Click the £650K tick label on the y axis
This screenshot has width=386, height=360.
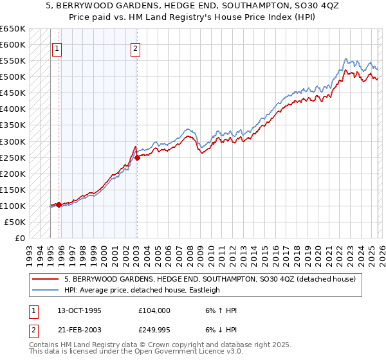click(x=13, y=29)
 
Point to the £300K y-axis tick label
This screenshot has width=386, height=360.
click(x=13, y=141)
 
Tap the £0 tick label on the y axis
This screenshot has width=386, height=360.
click(x=20, y=238)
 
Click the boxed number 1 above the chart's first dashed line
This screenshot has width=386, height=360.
click(x=57, y=48)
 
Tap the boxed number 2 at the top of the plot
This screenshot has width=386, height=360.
click(x=136, y=48)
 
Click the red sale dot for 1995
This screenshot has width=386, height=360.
click(x=59, y=204)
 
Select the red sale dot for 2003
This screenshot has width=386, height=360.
click(x=137, y=157)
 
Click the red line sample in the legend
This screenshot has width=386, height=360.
click(x=46, y=279)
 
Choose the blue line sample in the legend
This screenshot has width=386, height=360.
click(x=46, y=290)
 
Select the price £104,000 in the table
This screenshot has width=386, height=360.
click(x=154, y=310)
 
